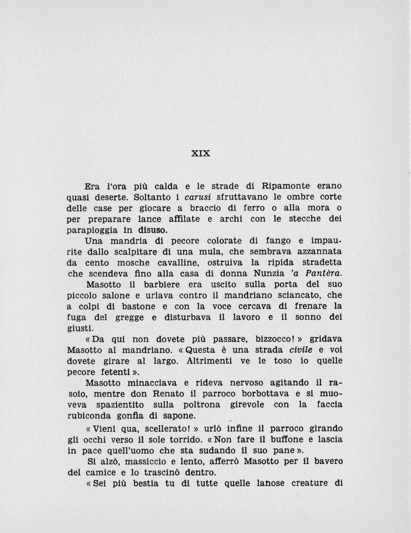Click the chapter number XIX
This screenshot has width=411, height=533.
(x=201, y=153)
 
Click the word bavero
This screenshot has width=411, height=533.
(x=329, y=461)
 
